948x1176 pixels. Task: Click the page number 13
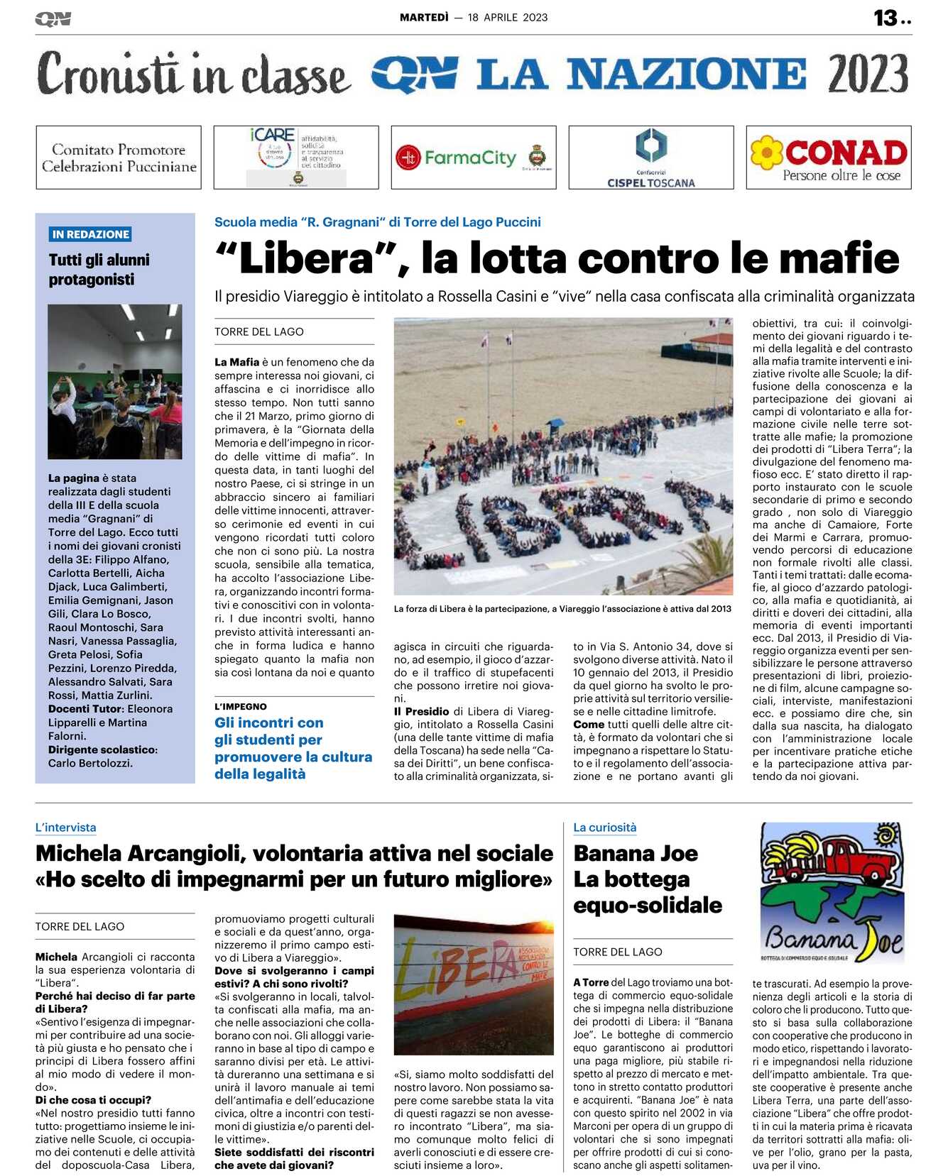pyautogui.click(x=886, y=18)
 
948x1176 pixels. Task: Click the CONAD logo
pyautogui.click(x=829, y=158)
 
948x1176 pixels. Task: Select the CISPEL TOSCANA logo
pyautogui.click(x=651, y=158)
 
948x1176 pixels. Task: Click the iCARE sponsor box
pyautogui.click(x=296, y=158)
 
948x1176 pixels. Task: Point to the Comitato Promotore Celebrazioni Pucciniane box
pyautogui.click(x=119, y=158)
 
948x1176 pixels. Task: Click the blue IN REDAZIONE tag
pyautogui.click(x=91, y=234)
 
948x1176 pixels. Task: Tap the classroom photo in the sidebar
pyautogui.click(x=115, y=381)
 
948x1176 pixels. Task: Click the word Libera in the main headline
pyautogui.click(x=307, y=259)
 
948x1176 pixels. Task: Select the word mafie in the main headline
pyautogui.click(x=843, y=259)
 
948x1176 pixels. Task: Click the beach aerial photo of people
pyautogui.click(x=563, y=456)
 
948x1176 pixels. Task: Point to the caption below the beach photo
pyautogui.click(x=562, y=609)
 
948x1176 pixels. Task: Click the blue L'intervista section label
pyautogui.click(x=66, y=828)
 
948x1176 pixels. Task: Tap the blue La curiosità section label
pyautogui.click(x=605, y=828)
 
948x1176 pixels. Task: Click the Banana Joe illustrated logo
pyautogui.click(x=834, y=892)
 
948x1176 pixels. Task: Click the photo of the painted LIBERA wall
pyautogui.click(x=474, y=984)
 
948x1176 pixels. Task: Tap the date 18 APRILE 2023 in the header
pyautogui.click(x=508, y=18)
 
